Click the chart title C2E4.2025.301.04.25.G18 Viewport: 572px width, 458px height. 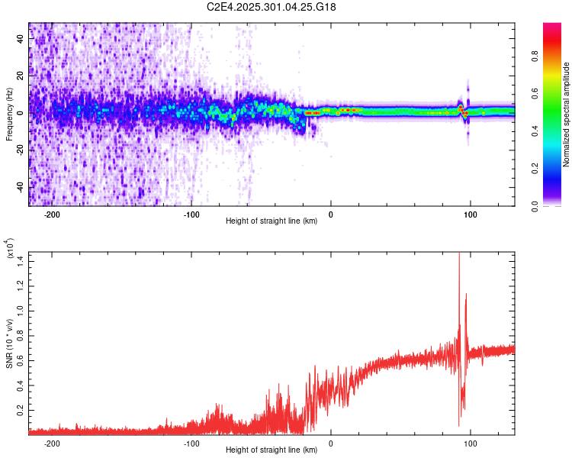pyautogui.click(x=272, y=7)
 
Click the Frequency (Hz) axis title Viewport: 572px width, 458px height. pyautogui.click(x=9, y=114)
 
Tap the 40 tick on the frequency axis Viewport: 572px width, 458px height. pyautogui.click(x=21, y=40)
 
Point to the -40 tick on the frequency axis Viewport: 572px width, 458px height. pyautogui.click(x=19, y=187)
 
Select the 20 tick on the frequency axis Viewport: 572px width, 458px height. pyautogui.click(x=21, y=76)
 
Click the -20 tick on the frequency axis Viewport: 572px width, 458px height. pyautogui.click(x=19, y=150)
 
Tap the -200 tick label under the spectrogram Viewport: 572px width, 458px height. pyautogui.click(x=52, y=214)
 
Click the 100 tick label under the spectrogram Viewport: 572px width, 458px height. pyautogui.click(x=471, y=214)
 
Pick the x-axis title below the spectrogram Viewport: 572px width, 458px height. pyautogui.click(x=272, y=221)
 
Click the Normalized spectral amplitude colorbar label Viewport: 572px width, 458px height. pyautogui.click(x=567, y=114)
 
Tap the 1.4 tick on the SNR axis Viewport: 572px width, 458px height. pyautogui.click(x=21, y=262)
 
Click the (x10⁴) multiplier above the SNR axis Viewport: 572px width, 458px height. pyautogui.click(x=11, y=250)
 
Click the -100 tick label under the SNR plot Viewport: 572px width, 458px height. pyautogui.click(x=191, y=443)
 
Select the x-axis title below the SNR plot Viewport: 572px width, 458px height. pyautogui.click(x=272, y=450)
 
